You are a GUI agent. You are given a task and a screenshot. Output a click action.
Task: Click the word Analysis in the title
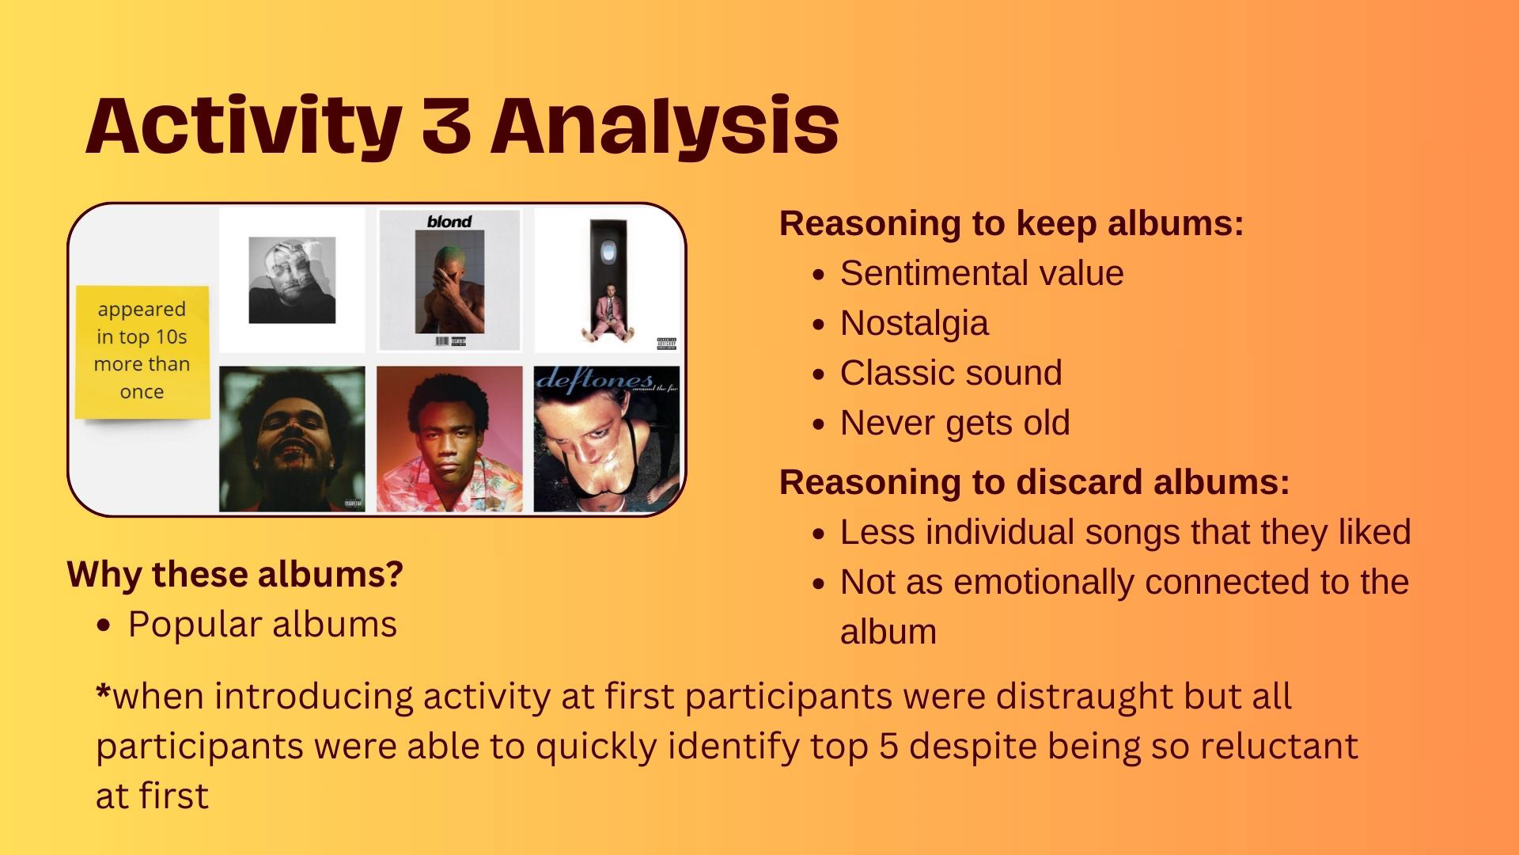(665, 127)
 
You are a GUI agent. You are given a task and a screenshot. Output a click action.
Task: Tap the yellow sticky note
(142, 351)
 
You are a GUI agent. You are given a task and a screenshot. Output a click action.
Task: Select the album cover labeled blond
(449, 280)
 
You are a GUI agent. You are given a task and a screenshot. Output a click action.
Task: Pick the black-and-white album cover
(292, 280)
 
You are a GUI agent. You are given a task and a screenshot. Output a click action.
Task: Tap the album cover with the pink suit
(607, 280)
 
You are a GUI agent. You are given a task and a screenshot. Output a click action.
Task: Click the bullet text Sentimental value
(982, 274)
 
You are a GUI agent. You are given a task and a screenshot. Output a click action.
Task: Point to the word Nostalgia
(915, 324)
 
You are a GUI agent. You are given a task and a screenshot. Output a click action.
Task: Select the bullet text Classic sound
(951, 373)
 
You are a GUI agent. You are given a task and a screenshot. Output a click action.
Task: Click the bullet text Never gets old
(955, 424)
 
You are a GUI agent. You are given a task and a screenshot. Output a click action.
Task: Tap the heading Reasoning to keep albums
(1012, 224)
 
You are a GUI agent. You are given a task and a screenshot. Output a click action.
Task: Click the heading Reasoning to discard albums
(1035, 482)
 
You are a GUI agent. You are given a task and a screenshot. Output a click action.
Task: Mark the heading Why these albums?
(235, 574)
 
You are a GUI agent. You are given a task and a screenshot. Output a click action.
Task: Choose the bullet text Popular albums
(262, 625)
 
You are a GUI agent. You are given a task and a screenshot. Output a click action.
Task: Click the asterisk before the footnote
(104, 691)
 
